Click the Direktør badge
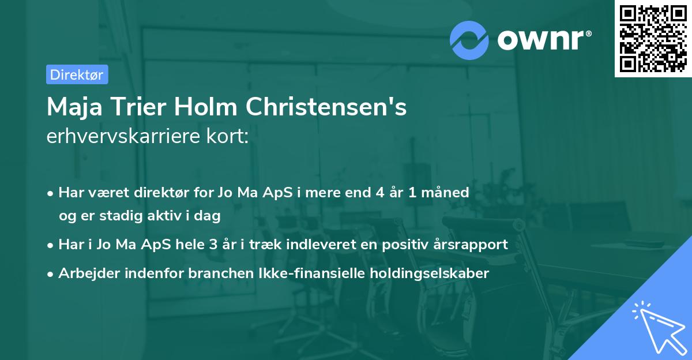pos(77,74)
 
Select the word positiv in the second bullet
pos(399,244)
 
